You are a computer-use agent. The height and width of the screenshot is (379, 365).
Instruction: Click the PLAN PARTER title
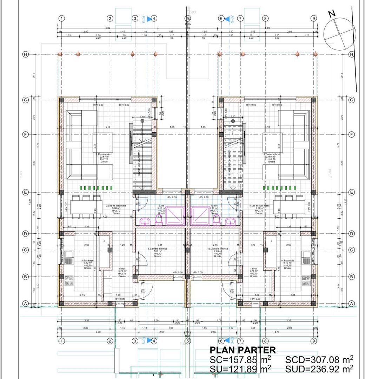(x=243, y=350)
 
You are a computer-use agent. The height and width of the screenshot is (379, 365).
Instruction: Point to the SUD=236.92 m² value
(x=319, y=369)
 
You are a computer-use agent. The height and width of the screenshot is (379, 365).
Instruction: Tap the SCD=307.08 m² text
(x=319, y=359)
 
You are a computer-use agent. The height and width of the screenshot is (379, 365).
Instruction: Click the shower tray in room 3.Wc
(x=174, y=215)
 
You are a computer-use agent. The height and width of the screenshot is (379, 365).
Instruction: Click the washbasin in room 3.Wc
(x=144, y=221)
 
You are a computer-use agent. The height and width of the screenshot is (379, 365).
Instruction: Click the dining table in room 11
(x=290, y=207)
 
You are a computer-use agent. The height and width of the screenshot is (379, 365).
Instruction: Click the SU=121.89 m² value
(x=240, y=369)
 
